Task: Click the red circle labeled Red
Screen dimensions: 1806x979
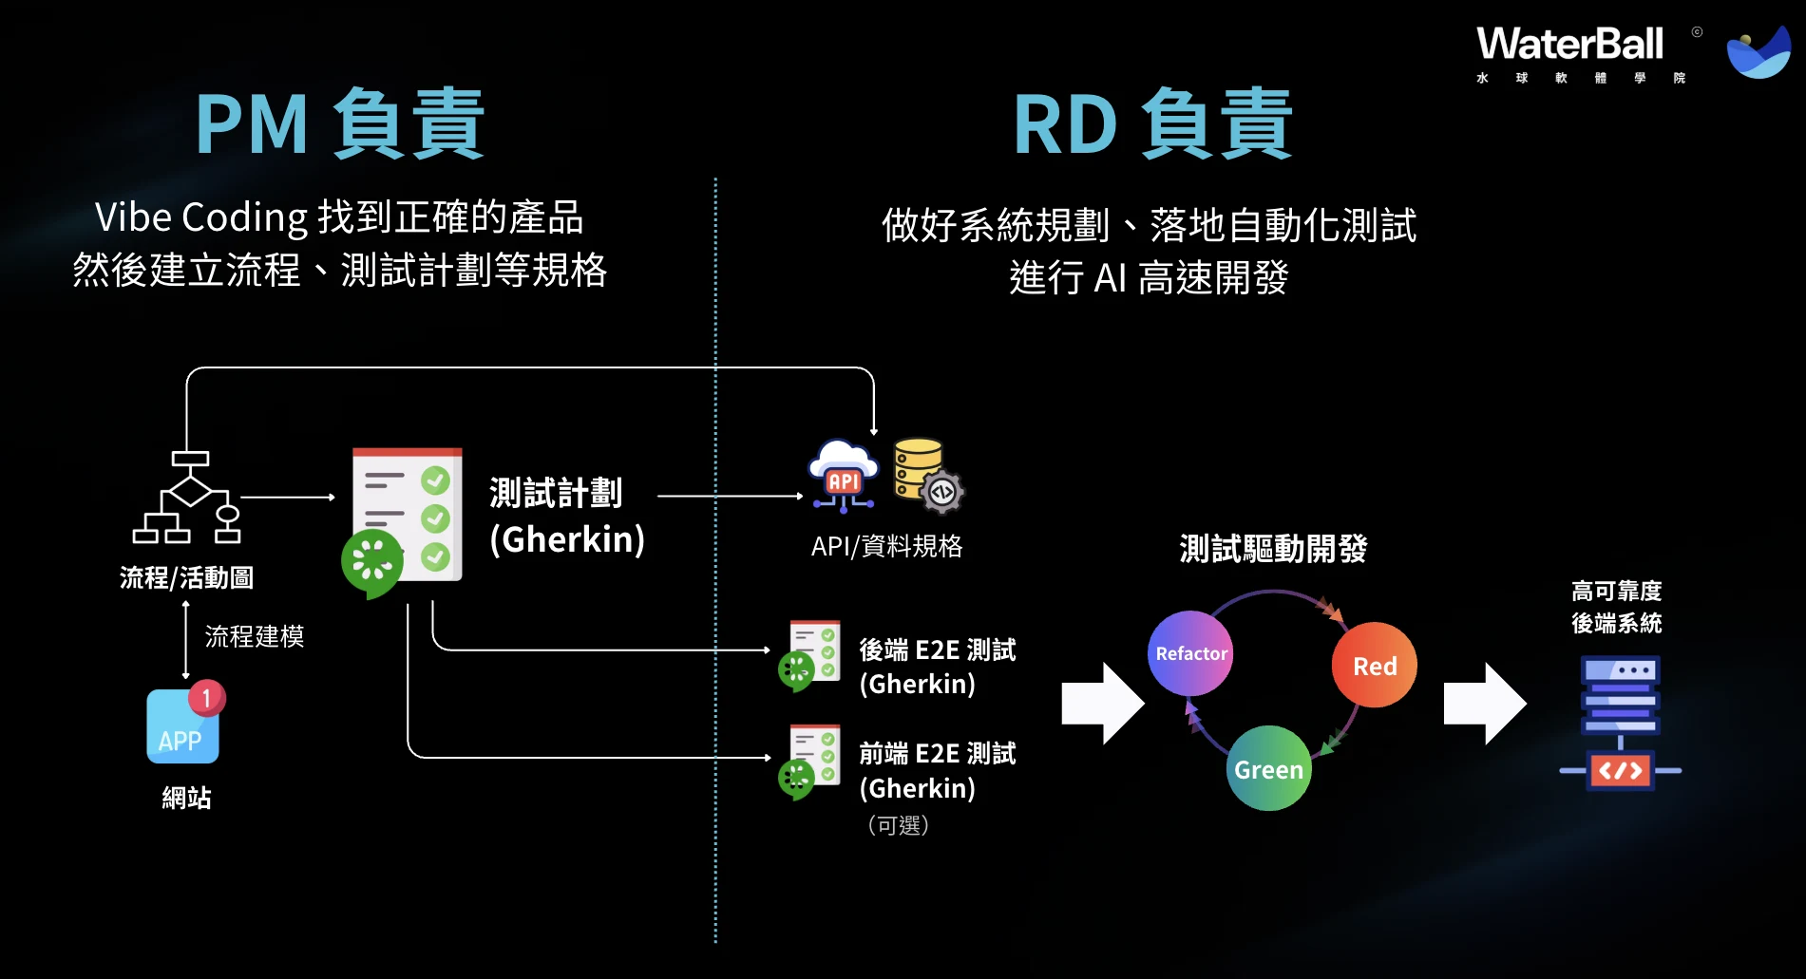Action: [1374, 665]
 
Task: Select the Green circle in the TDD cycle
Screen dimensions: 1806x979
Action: [1269, 768]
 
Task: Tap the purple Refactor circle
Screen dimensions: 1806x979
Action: [1190, 653]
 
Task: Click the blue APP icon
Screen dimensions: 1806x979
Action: [182, 726]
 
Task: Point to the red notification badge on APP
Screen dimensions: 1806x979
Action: [206, 698]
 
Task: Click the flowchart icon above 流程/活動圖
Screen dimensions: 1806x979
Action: [187, 497]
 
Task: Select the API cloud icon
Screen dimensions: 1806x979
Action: [843, 476]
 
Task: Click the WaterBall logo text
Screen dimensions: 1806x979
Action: [1569, 44]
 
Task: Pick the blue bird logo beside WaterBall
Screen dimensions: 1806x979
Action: [1758, 53]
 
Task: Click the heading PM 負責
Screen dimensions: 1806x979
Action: [340, 123]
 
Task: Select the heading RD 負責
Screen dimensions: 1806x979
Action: [1152, 123]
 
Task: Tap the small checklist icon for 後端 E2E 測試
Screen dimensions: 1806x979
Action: [810, 655]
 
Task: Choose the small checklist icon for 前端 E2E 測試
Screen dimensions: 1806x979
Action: [810, 762]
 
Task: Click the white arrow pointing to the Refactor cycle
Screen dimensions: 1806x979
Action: [1103, 704]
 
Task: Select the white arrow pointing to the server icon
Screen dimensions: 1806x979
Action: [1485, 704]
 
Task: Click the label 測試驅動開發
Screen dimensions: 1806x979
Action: [1273, 549]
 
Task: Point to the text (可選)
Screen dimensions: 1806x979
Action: [898, 825]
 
